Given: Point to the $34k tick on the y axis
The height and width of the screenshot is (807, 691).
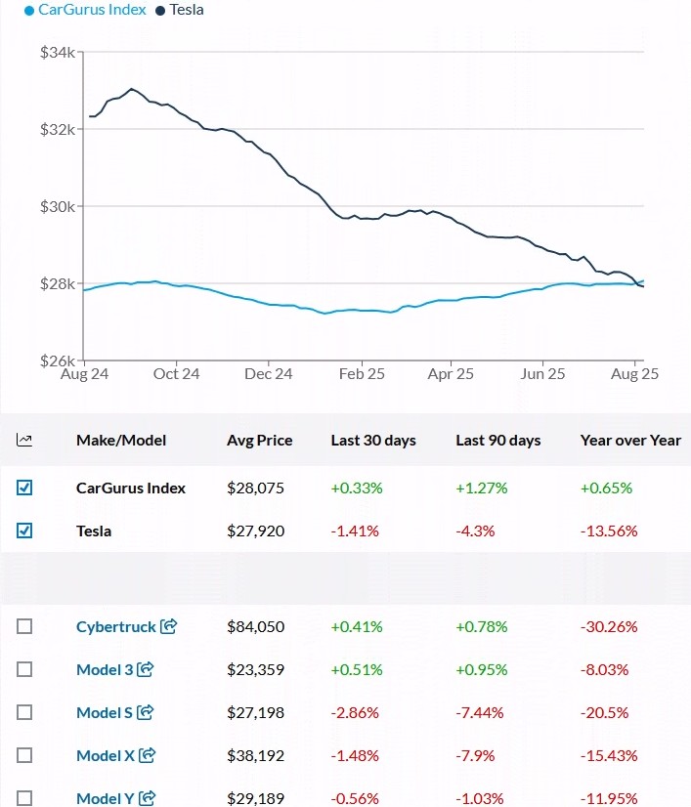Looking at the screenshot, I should click(x=57, y=52).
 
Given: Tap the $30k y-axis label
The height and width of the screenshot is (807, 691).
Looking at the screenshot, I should click(x=57, y=206).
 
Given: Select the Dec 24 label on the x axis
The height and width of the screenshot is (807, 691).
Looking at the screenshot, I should click(x=269, y=373).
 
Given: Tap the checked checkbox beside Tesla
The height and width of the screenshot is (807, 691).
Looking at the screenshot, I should click(x=24, y=531).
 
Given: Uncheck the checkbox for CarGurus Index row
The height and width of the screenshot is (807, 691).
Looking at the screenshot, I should click(x=24, y=488).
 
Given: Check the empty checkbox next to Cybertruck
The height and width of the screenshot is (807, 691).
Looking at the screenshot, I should click(x=24, y=626).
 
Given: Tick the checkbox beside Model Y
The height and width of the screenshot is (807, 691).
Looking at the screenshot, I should click(x=24, y=798).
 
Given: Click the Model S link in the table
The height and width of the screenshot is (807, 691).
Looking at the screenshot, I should click(x=104, y=712).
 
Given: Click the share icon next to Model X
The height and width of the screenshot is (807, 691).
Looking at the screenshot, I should click(x=148, y=755).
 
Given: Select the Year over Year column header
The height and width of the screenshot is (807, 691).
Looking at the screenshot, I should click(x=630, y=441).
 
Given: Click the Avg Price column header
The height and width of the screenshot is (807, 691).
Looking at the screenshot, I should click(x=259, y=441).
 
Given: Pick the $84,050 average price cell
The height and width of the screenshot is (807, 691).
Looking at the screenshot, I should click(x=255, y=626).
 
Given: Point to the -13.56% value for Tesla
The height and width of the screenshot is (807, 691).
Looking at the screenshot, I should click(x=609, y=531).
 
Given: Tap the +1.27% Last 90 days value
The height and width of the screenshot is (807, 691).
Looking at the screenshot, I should click(x=482, y=488).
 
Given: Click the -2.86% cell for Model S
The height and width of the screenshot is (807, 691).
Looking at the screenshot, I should click(x=355, y=712).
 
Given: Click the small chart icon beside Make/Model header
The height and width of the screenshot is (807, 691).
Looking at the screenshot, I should click(x=24, y=441).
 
